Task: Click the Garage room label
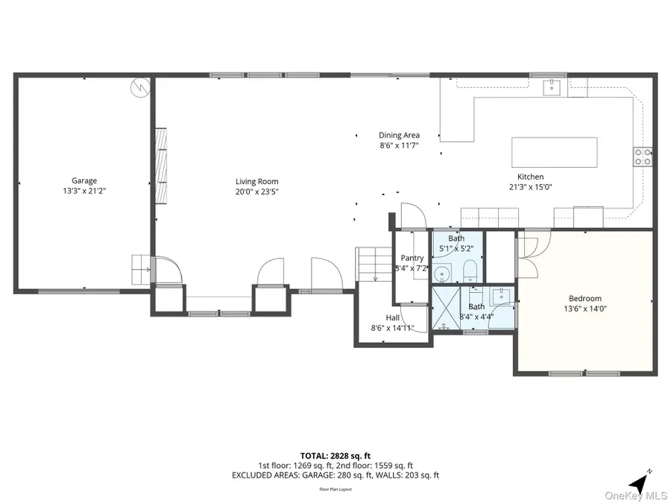pyautogui.click(x=84, y=180)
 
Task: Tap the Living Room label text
pyautogui.click(x=256, y=181)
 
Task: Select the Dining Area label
pyautogui.click(x=399, y=136)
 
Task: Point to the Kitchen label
pyautogui.click(x=530, y=177)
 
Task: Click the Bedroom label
pyautogui.click(x=585, y=298)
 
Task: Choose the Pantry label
pyautogui.click(x=412, y=258)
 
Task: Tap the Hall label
pyautogui.click(x=392, y=317)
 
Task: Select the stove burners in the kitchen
pyautogui.click(x=643, y=156)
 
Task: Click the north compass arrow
pyautogui.click(x=639, y=481)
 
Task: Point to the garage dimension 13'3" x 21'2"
pyautogui.click(x=84, y=190)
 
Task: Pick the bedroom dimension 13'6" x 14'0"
pyautogui.click(x=585, y=308)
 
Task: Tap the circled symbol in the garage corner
pyautogui.click(x=139, y=87)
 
